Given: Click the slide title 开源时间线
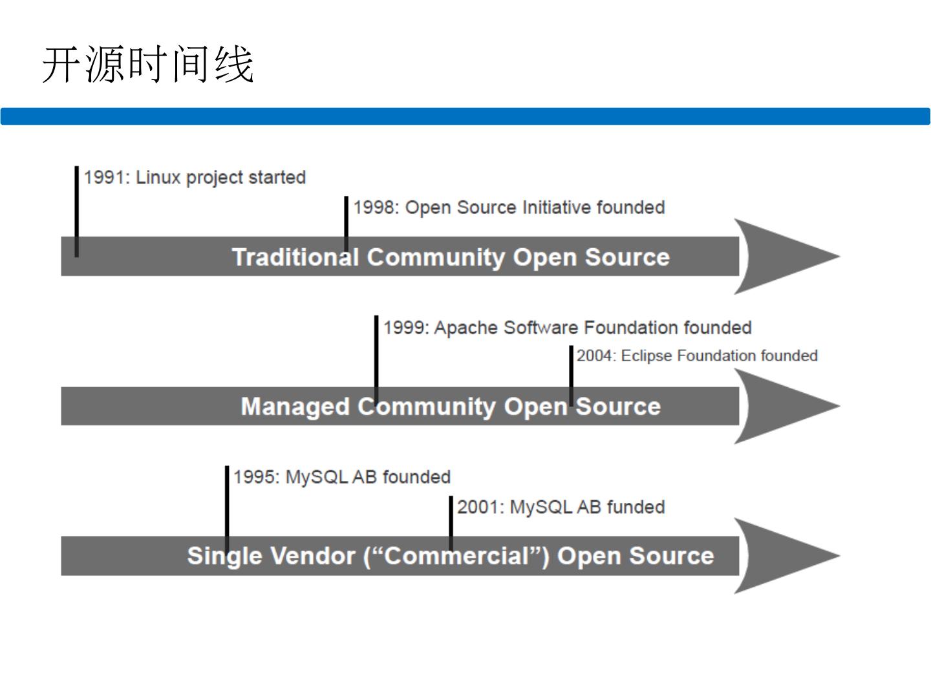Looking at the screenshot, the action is [x=148, y=65].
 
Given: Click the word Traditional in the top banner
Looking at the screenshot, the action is [x=296, y=257].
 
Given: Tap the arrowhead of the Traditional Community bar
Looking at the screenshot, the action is [x=787, y=257].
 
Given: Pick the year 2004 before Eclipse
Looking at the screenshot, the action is [x=594, y=355].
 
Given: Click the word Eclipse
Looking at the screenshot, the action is [x=647, y=356].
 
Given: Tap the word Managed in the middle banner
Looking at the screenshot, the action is [x=295, y=407].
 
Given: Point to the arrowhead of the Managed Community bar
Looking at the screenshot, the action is [x=787, y=406].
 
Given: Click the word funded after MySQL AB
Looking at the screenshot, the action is [x=636, y=507].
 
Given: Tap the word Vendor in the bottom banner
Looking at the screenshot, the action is [x=313, y=556].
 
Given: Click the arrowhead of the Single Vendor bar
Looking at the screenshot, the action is [x=787, y=556].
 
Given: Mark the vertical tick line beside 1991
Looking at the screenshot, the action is [x=77, y=211].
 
